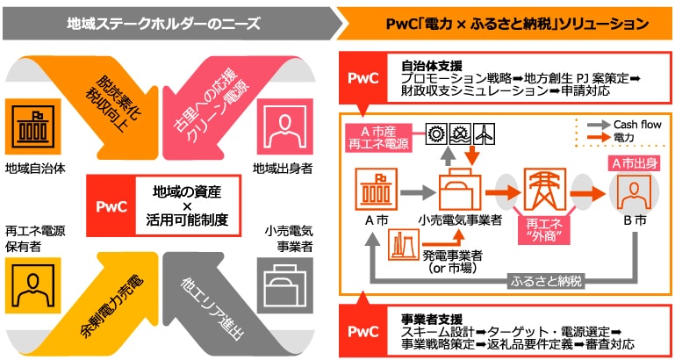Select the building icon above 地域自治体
(x=27, y=128)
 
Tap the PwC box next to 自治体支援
(x=363, y=76)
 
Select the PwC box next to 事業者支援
(x=363, y=332)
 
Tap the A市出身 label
(x=632, y=164)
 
